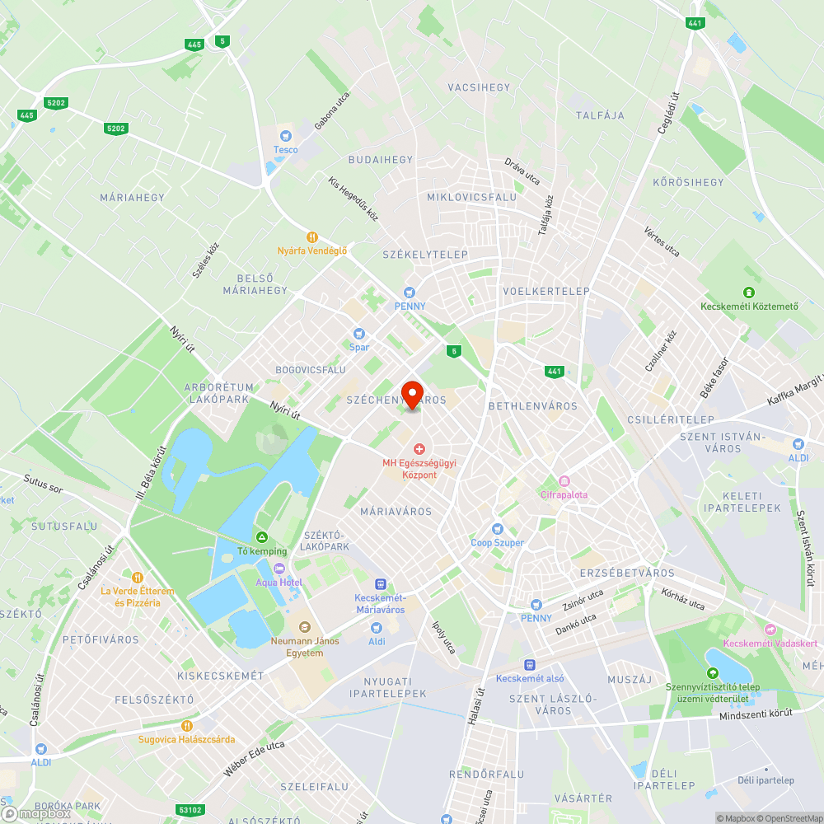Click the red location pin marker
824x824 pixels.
(x=412, y=393)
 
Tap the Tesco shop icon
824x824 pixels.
(x=286, y=136)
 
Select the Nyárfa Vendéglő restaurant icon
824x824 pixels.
(x=311, y=237)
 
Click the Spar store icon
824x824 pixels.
(x=358, y=334)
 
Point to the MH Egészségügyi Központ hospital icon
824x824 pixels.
(x=419, y=449)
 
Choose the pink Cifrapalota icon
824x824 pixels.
(x=564, y=481)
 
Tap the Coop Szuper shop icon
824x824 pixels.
(x=497, y=529)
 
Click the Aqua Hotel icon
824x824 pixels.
(x=279, y=569)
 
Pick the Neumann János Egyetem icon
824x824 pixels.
(x=304, y=628)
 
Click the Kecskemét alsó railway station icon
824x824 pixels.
(x=531, y=665)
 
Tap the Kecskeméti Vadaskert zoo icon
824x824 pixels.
(x=770, y=630)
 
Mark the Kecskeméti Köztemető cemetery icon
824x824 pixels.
(x=748, y=293)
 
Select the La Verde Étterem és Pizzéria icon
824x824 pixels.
(x=138, y=578)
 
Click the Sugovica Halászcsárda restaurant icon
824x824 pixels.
(x=186, y=725)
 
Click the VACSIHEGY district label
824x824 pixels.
(x=479, y=87)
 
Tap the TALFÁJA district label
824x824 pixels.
(x=600, y=115)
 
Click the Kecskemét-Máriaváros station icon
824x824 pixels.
(x=379, y=584)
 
